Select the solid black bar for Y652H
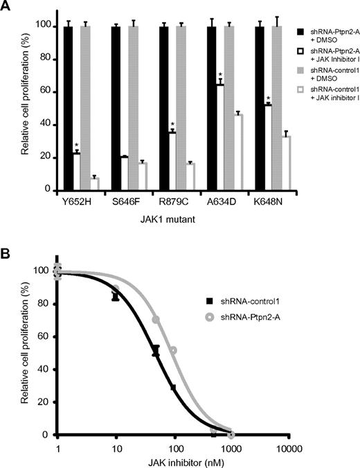pos(68,107)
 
